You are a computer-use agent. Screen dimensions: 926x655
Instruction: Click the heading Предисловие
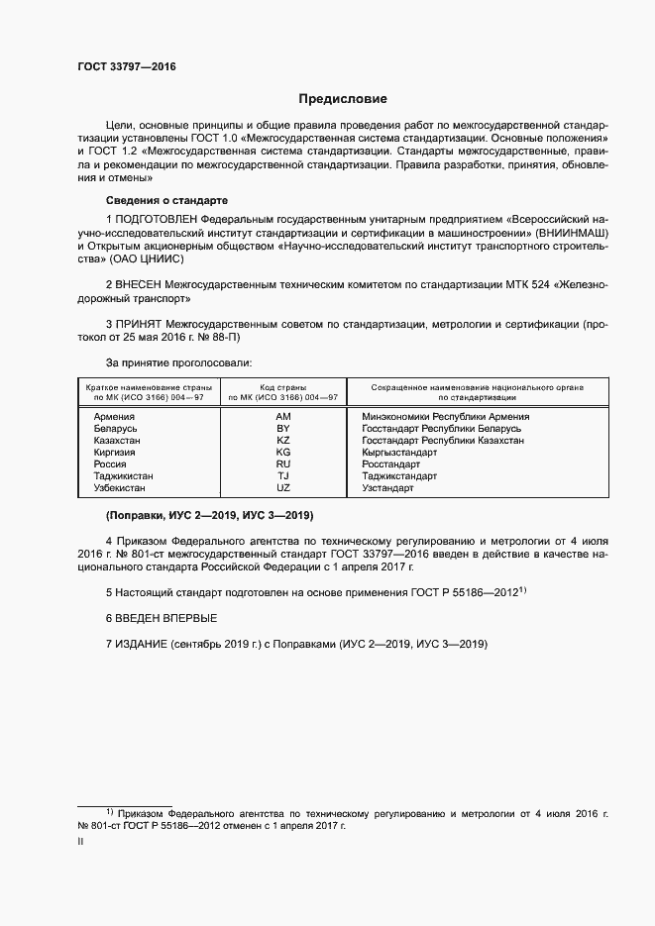343,99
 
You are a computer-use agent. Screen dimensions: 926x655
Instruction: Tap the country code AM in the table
283,417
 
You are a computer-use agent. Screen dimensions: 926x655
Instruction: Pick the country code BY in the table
283,429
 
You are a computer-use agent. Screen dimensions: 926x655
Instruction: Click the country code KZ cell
283,441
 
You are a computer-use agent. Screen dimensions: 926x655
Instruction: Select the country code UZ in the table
283,488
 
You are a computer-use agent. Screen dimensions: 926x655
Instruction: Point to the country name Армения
114,417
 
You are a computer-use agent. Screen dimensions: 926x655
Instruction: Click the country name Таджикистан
123,476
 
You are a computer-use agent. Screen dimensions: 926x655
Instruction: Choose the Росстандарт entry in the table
391,464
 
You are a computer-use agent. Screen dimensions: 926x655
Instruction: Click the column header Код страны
282,386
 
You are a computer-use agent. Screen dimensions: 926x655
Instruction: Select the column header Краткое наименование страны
148,386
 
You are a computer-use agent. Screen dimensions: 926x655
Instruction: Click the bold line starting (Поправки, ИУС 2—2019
209,516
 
